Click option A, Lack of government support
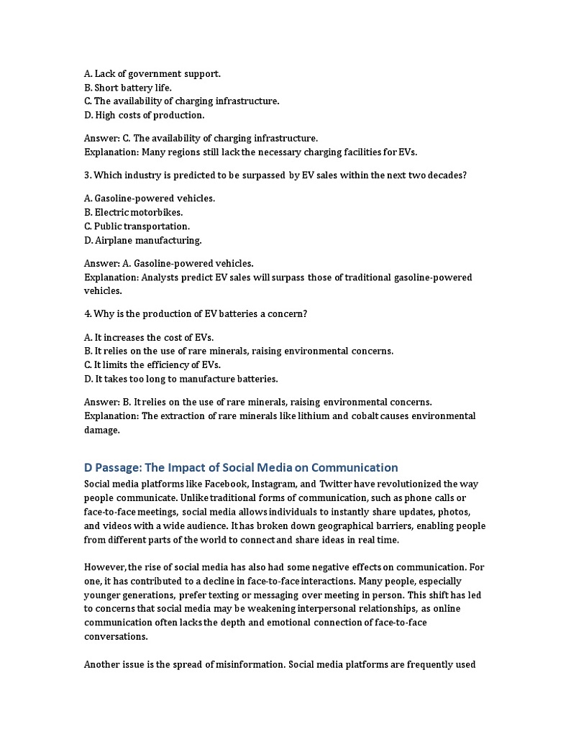(152, 73)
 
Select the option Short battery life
(128, 88)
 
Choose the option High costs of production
(144, 115)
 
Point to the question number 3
(86, 175)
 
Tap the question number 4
(86, 314)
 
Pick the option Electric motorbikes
(133, 212)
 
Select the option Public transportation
(137, 226)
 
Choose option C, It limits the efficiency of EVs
(152, 365)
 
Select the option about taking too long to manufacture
(181, 379)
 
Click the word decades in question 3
(447, 175)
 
